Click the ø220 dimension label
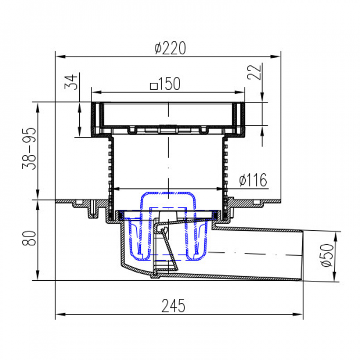tap(170, 48)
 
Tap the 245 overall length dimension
tap(173, 306)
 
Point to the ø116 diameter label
tap(253, 180)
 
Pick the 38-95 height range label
tap(29, 148)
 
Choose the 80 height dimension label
tap(29, 238)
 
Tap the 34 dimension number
tap(71, 82)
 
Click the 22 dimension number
tap(254, 72)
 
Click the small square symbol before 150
tap(154, 86)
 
